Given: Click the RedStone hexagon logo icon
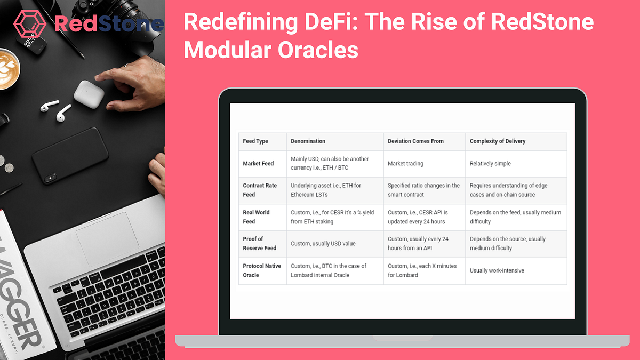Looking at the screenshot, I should pyautogui.click(x=31, y=23).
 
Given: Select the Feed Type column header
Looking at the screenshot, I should pyautogui.click(x=255, y=141).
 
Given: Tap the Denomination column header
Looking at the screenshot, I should pyautogui.click(x=308, y=141).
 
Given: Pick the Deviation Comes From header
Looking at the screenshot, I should pyautogui.click(x=415, y=141).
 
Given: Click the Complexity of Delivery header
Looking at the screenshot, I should pyautogui.click(x=497, y=141).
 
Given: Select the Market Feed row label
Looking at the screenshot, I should pyautogui.click(x=258, y=164).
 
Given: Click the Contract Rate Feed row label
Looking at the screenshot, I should pyautogui.click(x=260, y=190).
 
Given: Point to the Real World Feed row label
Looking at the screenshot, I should pyautogui.click(x=256, y=217).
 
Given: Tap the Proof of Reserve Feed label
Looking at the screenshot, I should pyautogui.click(x=259, y=243).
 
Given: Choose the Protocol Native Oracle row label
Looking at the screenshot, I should pyautogui.click(x=261, y=270).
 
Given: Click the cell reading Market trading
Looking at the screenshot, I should pyautogui.click(x=405, y=164).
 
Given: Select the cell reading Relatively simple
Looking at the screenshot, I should pyautogui.click(x=490, y=164).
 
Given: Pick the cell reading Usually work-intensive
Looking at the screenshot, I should pyautogui.click(x=497, y=270).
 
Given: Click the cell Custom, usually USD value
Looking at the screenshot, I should pyautogui.click(x=323, y=244).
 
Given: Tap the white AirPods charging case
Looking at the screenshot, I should pyautogui.click(x=89, y=94).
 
